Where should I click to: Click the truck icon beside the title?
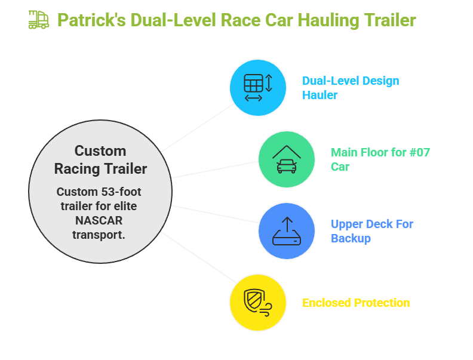point(38,20)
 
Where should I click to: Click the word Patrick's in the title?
point(91,20)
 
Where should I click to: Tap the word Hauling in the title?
point(330,20)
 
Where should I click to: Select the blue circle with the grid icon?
point(258,88)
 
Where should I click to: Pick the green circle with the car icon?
point(286,159)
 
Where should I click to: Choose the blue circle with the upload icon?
point(286,231)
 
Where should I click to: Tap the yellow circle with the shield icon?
point(258,302)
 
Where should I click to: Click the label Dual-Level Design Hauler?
point(350,88)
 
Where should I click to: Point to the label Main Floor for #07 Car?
point(380,159)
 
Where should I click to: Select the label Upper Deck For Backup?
point(371,231)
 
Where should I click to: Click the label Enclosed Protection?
point(356,303)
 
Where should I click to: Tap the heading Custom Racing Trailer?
point(100,160)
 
